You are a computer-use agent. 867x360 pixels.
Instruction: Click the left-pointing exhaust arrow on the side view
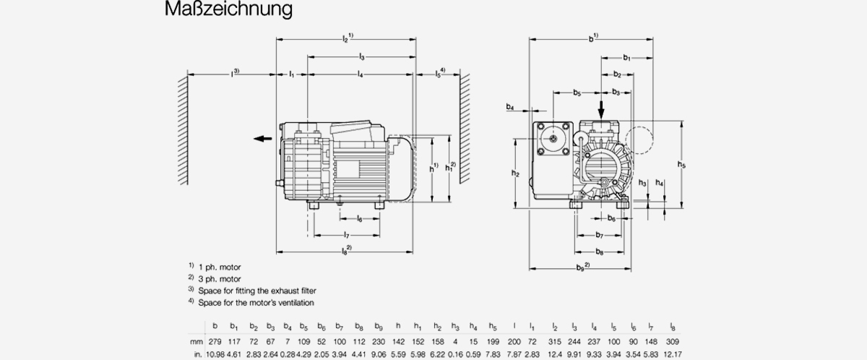262,140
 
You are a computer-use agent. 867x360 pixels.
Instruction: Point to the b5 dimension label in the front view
577,93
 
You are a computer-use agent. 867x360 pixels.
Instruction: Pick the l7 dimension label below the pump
348,235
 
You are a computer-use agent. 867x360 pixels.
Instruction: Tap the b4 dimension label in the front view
510,107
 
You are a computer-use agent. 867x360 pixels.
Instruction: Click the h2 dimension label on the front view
514,173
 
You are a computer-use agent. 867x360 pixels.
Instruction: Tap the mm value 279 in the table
215,341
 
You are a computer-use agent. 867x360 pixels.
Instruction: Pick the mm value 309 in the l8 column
672,341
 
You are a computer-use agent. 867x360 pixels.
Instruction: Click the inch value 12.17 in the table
672,354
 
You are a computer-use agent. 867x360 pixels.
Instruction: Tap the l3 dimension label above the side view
361,56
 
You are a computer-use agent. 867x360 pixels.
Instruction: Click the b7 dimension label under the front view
600,236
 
